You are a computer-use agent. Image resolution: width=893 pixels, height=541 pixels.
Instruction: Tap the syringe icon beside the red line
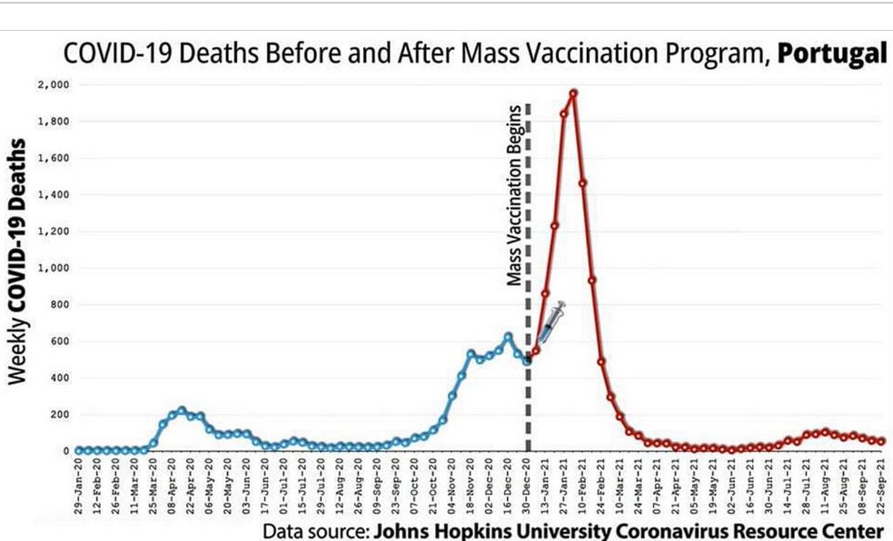553,320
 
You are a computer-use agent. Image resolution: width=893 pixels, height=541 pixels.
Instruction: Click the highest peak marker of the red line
573,93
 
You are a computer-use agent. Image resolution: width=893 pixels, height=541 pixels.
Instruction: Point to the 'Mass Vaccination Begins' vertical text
514,194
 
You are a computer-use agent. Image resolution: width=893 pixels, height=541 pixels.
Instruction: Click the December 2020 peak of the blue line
508,337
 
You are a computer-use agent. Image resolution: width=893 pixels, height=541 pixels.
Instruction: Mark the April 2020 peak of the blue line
182,410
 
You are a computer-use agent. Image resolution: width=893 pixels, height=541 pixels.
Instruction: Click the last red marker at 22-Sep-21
881,441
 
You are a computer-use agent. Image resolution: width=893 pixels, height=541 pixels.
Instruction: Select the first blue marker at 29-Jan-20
79,449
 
